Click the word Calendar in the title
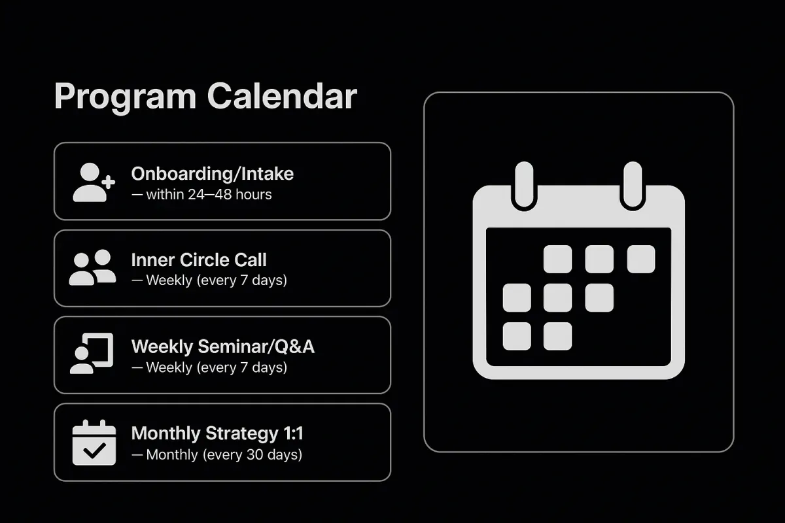[x=282, y=96]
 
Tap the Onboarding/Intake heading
[x=213, y=174]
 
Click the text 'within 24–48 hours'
[x=209, y=194]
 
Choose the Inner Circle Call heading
[x=199, y=260]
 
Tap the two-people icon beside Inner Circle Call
[x=92, y=267]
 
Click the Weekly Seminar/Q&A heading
[x=223, y=346]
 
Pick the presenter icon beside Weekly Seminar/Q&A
[x=92, y=353]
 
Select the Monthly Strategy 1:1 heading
[x=217, y=433]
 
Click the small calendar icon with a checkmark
[x=94, y=443]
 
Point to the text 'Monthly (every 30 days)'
[x=224, y=455]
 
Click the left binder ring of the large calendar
[x=524, y=186]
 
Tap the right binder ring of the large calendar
[x=633, y=186]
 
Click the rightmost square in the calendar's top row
[x=641, y=260]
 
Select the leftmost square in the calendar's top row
[x=557, y=260]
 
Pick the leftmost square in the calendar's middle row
[x=517, y=297]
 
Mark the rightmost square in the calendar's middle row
[x=599, y=297]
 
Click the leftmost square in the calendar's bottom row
[x=517, y=336]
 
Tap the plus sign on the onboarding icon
[x=109, y=182]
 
